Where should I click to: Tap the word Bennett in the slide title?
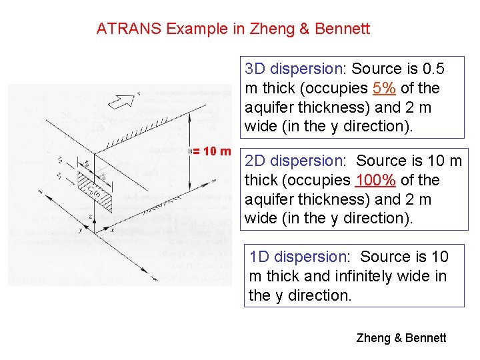click(343, 29)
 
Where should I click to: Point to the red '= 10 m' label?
click(213, 151)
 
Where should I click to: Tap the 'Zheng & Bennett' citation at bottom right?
click(401, 338)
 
